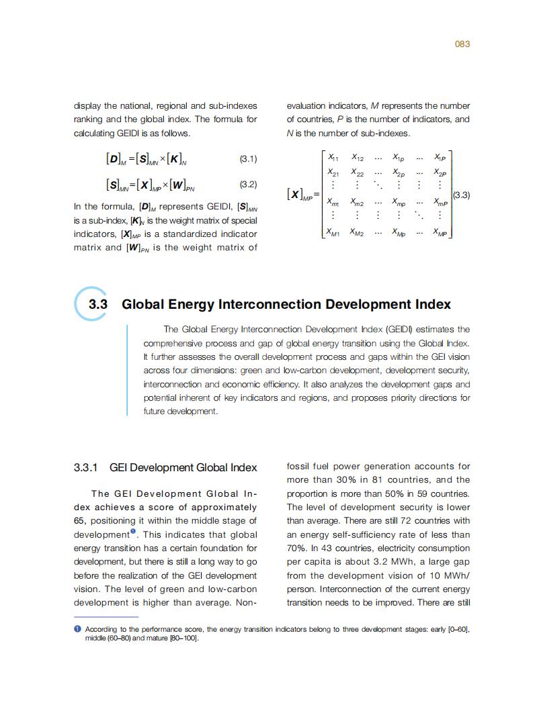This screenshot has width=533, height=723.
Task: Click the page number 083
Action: [462, 44]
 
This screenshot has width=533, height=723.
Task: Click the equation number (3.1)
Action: [248, 160]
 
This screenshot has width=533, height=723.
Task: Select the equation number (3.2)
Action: [248, 184]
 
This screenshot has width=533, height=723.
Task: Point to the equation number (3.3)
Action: [460, 195]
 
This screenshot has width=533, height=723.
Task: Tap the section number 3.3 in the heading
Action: [98, 305]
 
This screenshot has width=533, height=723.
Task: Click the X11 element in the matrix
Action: [332, 158]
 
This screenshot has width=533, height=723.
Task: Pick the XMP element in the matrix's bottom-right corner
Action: [440, 233]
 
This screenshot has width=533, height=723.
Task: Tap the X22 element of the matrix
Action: [359, 173]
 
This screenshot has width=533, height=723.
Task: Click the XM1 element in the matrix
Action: [333, 233]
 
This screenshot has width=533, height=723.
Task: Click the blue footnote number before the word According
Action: [77, 629]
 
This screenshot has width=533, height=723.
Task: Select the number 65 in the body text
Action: [79, 521]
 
